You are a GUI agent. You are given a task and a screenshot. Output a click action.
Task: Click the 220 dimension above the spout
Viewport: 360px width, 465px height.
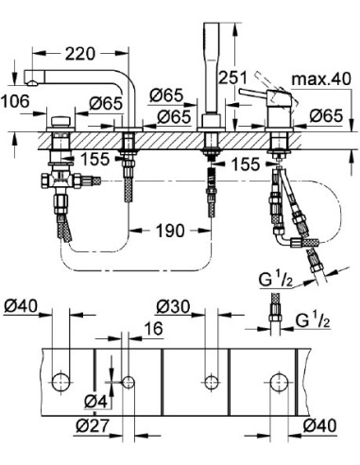pyautogui.click(x=83, y=55)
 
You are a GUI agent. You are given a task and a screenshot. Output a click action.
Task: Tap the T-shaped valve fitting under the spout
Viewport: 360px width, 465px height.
pyautogui.click(x=61, y=179)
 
